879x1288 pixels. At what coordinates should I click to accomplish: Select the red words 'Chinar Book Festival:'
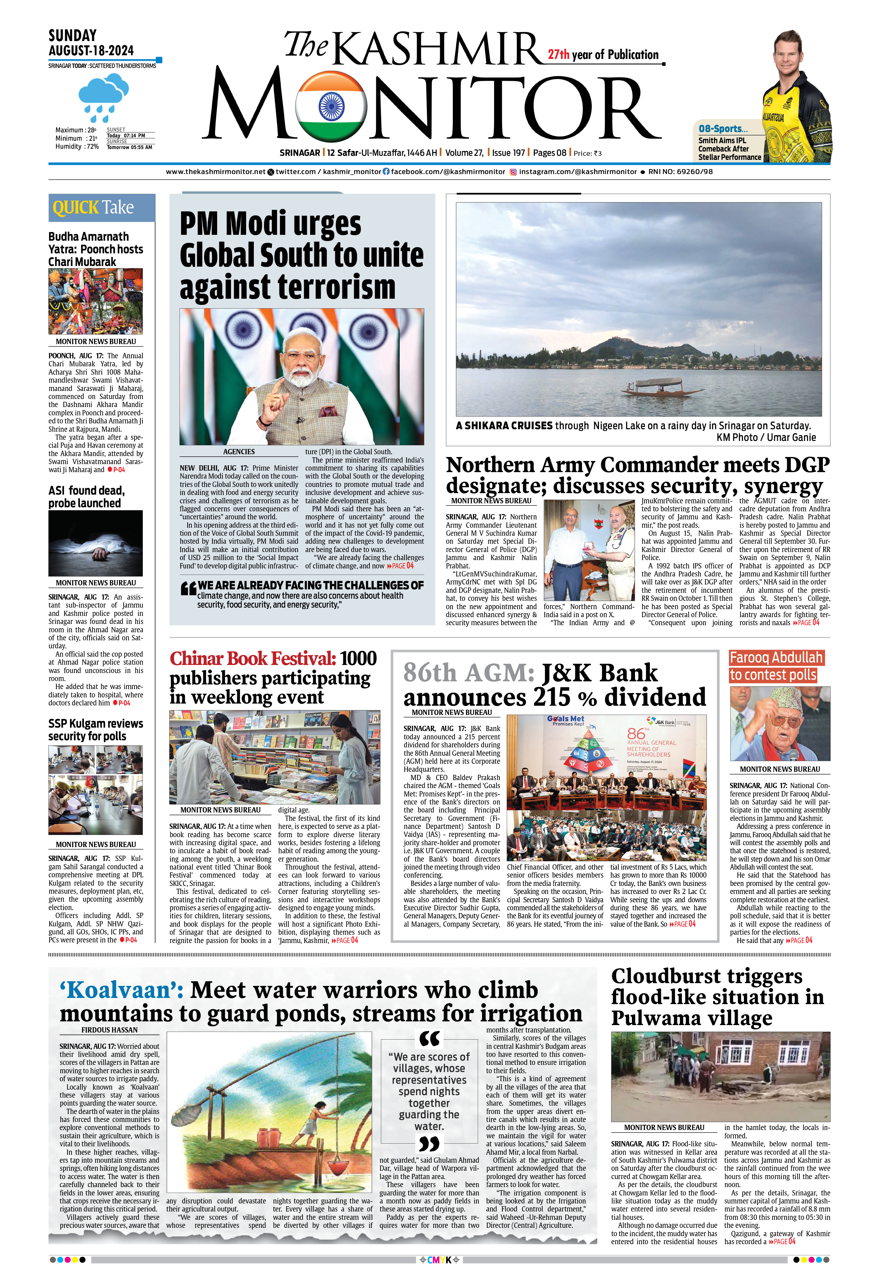point(253,659)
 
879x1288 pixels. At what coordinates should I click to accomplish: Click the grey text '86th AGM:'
point(468,672)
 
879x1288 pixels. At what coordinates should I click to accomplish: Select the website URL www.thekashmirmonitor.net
point(216,172)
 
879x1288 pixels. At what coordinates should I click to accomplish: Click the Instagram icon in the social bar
point(513,172)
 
